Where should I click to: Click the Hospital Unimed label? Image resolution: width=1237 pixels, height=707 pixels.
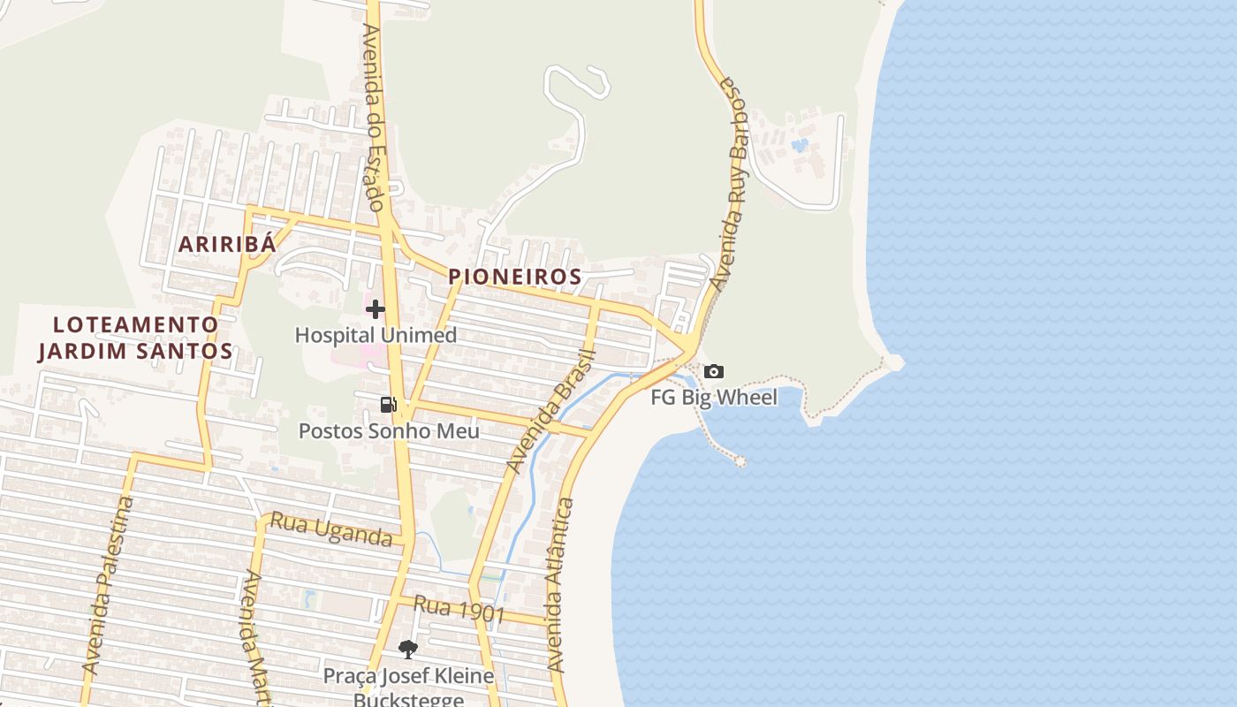[x=376, y=335]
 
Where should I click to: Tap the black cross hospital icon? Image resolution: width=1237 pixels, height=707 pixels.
[x=376, y=309]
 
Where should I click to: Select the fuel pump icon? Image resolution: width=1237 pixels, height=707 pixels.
[x=388, y=405]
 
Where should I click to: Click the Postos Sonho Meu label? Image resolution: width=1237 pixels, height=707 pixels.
[x=389, y=431]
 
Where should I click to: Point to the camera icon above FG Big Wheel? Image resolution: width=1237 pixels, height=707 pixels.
[x=714, y=372]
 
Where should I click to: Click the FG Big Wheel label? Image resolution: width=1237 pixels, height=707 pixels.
[x=714, y=398]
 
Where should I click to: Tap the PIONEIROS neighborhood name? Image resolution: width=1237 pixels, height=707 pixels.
[x=515, y=277]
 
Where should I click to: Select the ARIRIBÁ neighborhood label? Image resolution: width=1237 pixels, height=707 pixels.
[x=228, y=245]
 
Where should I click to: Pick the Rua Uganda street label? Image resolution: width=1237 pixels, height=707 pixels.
[x=330, y=529]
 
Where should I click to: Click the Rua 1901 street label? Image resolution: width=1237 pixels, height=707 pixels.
[x=459, y=610]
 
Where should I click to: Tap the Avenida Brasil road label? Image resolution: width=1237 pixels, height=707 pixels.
[x=552, y=412]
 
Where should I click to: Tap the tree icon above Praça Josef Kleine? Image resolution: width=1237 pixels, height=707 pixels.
[x=407, y=650]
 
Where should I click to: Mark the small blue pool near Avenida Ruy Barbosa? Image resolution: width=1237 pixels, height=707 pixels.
[x=800, y=145]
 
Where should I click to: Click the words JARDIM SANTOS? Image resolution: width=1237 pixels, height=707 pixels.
[x=135, y=351]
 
